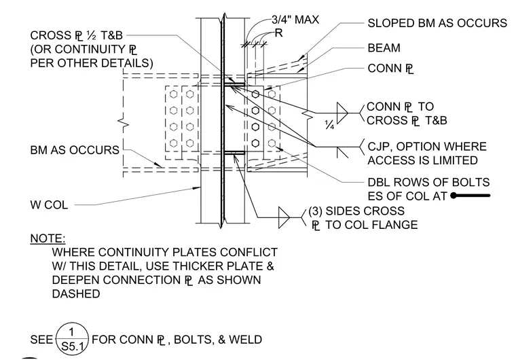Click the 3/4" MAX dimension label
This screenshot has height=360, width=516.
[295, 20]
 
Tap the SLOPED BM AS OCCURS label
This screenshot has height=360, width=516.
[437, 23]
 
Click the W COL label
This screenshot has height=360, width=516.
[49, 205]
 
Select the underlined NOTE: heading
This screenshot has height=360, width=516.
[48, 238]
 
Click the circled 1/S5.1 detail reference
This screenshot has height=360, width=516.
[72, 339]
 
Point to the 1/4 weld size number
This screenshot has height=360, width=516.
[329, 125]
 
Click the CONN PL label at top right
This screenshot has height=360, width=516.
[390, 69]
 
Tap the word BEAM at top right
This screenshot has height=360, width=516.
[384, 48]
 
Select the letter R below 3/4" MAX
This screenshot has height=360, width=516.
[278, 33]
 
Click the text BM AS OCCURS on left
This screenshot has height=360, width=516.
[75, 150]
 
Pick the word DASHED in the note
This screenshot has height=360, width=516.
[76, 293]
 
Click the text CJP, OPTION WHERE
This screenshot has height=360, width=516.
[427, 146]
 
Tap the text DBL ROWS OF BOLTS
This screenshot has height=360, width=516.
[428, 182]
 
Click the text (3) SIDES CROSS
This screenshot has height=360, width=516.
[356, 211]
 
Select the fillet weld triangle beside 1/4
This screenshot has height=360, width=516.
[342, 113]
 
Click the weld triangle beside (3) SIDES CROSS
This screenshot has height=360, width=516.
[284, 218]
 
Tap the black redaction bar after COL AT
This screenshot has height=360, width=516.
[471, 196]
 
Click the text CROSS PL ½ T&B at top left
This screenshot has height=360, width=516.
[76, 35]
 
